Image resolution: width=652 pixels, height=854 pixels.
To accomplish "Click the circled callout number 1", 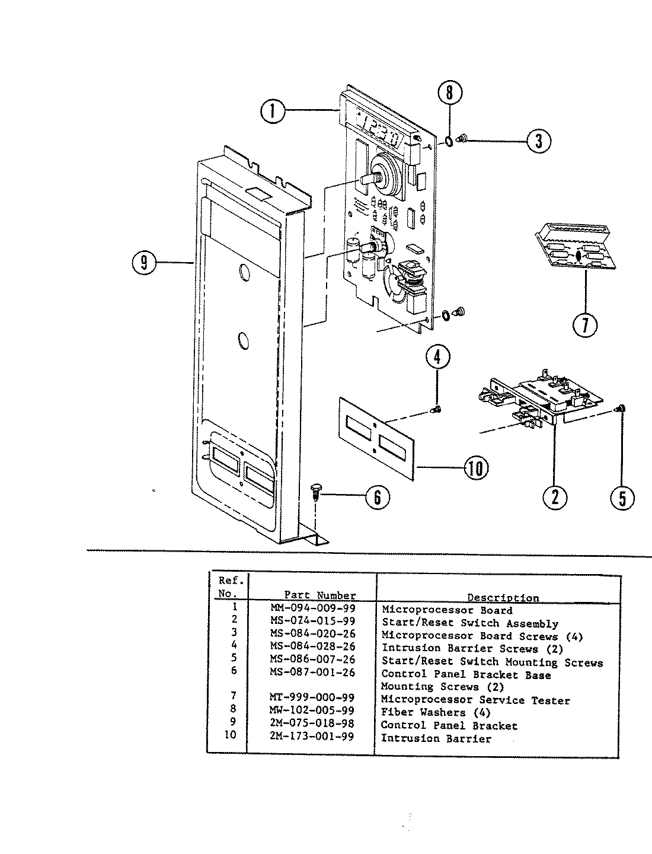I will click(273, 110).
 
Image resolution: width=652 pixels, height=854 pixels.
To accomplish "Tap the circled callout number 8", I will click(449, 93).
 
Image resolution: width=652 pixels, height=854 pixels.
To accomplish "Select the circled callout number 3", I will click(538, 141).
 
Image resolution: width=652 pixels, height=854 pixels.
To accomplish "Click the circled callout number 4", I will click(437, 357).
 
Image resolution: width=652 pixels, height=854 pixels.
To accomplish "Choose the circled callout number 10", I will click(476, 468).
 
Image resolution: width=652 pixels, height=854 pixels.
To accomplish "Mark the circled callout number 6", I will click(378, 496).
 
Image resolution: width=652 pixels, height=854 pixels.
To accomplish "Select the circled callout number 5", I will click(622, 497).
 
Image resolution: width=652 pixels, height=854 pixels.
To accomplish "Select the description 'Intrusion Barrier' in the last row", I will click(436, 738).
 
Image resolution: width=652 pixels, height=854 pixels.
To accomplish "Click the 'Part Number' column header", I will click(320, 595).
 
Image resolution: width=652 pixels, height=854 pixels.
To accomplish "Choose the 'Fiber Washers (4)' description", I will click(436, 712).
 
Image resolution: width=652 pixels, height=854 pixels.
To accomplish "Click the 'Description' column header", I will click(503, 597).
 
